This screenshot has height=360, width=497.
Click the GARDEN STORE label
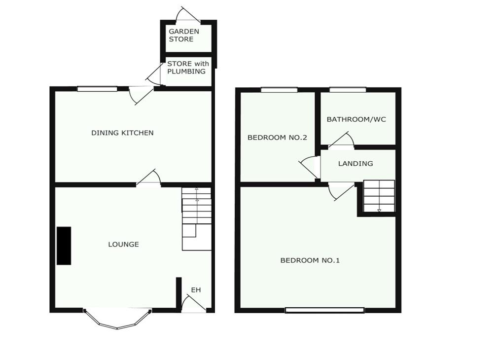(x=184, y=35)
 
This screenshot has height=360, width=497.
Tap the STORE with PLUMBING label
(x=187, y=68)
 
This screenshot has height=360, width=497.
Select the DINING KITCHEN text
(x=122, y=133)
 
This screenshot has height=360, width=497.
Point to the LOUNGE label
(x=124, y=244)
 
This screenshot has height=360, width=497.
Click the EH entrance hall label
(x=196, y=289)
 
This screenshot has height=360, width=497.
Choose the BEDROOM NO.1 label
(x=310, y=260)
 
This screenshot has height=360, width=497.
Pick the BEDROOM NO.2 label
(x=277, y=138)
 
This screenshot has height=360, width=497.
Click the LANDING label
(x=355, y=163)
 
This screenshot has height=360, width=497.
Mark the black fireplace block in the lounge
(x=64, y=246)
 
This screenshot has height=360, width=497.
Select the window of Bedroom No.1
(x=324, y=310)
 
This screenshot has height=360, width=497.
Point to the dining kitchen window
(x=97, y=89)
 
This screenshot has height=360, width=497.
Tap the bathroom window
(x=348, y=90)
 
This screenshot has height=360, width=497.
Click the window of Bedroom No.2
(x=279, y=90)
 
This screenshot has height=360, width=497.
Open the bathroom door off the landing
(x=341, y=142)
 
